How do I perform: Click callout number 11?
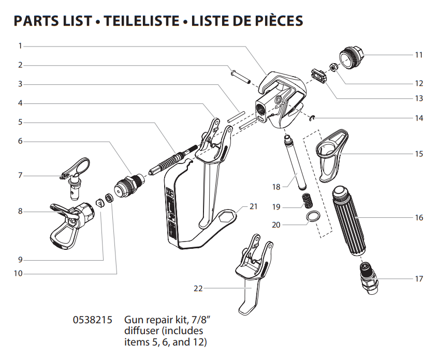tap(419, 55)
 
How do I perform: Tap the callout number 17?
tap(419, 279)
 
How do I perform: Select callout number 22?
tap(198, 289)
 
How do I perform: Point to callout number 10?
tap(18, 274)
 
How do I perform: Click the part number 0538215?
tap(93, 320)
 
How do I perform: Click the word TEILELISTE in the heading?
tap(141, 21)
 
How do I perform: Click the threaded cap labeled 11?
tap(352, 57)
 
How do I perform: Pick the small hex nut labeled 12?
tap(333, 67)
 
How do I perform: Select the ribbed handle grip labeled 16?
tap(348, 220)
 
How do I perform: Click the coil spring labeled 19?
tap(308, 200)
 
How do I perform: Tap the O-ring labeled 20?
tap(313, 216)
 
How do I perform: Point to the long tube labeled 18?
tap(294, 162)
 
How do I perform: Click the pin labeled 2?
tap(240, 77)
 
